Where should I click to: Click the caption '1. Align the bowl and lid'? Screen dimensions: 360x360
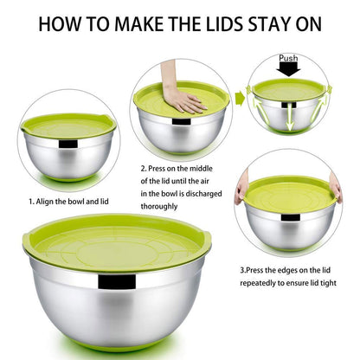click(x=67, y=202)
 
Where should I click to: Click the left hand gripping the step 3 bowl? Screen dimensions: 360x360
click(x=241, y=187)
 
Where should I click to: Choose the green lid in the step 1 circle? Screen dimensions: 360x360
click(x=67, y=125)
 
